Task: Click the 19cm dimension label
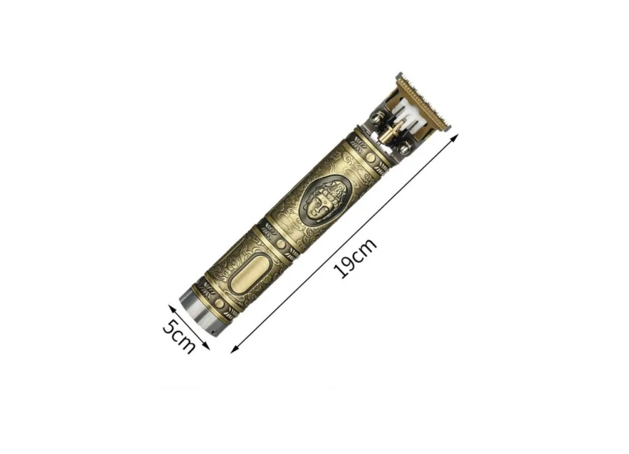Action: click(x=356, y=258)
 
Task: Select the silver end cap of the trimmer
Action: click(x=199, y=312)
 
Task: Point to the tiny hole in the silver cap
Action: click(x=213, y=331)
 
